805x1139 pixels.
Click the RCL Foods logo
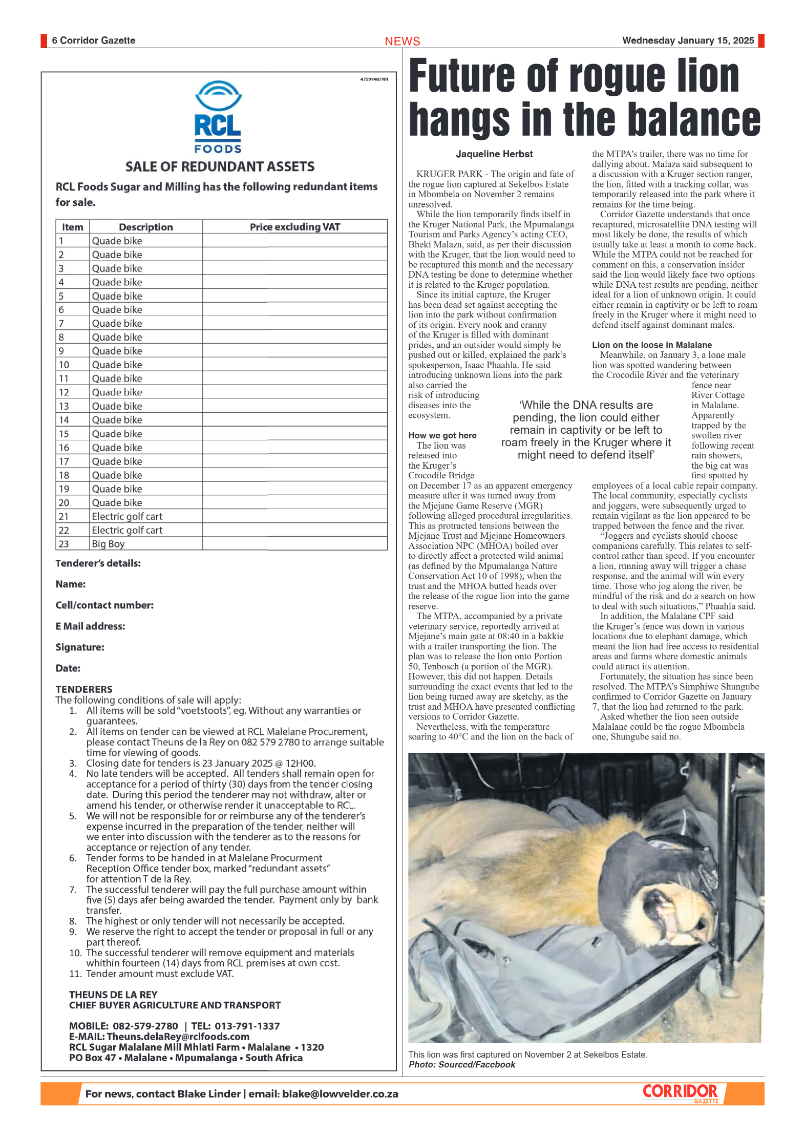[x=218, y=117]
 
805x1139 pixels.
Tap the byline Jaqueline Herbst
[x=494, y=154]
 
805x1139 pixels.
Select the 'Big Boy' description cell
[x=109, y=544]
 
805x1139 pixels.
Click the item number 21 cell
[x=65, y=516]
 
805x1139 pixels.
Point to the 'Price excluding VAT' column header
[x=294, y=227]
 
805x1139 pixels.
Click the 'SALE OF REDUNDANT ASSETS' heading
[x=220, y=166]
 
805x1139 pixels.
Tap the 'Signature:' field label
[x=80, y=647]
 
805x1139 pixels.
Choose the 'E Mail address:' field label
[x=90, y=626]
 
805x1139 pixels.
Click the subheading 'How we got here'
[x=442, y=435]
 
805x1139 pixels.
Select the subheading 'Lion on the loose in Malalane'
[x=651, y=345]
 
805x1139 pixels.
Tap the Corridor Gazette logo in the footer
[x=681, y=1092]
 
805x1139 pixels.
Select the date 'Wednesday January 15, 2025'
[x=688, y=40]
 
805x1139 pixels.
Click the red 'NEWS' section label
[x=402, y=41]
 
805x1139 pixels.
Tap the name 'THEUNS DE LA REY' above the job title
[x=113, y=995]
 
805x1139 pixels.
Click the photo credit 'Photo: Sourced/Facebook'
[x=461, y=1065]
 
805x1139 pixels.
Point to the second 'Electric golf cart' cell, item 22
[x=127, y=530]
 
